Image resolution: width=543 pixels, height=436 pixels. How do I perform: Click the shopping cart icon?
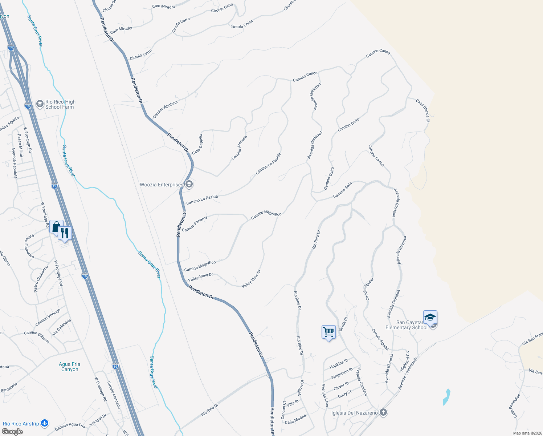pos(328,332)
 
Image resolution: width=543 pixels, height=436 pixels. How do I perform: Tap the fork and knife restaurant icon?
pos(65,233)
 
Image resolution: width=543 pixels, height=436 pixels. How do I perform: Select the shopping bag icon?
pos(56,227)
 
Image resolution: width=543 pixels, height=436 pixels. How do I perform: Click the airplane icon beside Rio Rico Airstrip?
pos(45,423)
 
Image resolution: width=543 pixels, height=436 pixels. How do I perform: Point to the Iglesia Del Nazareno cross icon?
pos(383,412)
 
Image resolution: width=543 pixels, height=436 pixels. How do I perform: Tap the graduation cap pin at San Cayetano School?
pos(430,317)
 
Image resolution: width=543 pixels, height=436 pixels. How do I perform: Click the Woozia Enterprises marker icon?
pos(189,185)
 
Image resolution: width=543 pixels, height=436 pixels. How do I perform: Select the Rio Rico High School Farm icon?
pos(40,104)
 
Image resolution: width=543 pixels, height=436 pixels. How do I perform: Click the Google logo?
pos(12,432)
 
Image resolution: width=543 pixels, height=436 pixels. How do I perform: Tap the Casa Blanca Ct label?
pos(423,110)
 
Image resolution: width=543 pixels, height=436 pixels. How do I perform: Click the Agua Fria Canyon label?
pos(69,367)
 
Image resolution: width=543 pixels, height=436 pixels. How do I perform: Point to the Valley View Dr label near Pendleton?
pos(200,277)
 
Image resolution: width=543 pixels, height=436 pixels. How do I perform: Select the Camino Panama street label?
pos(195,224)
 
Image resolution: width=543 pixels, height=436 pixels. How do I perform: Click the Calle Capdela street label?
pos(197,144)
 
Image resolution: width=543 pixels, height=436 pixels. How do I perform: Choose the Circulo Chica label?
pos(241,24)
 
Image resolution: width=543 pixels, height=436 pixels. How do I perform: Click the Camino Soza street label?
pos(343,190)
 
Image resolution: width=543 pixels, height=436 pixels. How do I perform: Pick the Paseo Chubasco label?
pos(41,279)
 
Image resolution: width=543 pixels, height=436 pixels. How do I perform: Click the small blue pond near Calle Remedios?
pos(446,397)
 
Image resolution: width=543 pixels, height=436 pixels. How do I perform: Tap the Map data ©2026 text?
pos(527,433)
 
